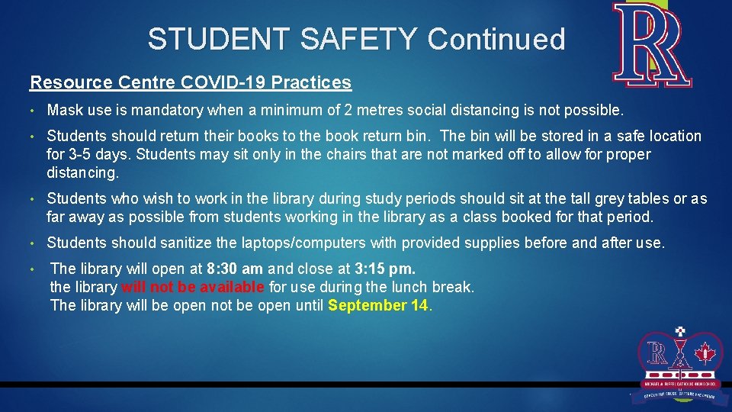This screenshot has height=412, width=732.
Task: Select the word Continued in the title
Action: point(496,39)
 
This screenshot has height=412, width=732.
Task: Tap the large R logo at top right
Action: point(653,44)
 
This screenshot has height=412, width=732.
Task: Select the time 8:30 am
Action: point(236,269)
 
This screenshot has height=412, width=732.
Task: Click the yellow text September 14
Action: point(379,306)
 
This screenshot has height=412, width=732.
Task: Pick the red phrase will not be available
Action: point(193,288)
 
